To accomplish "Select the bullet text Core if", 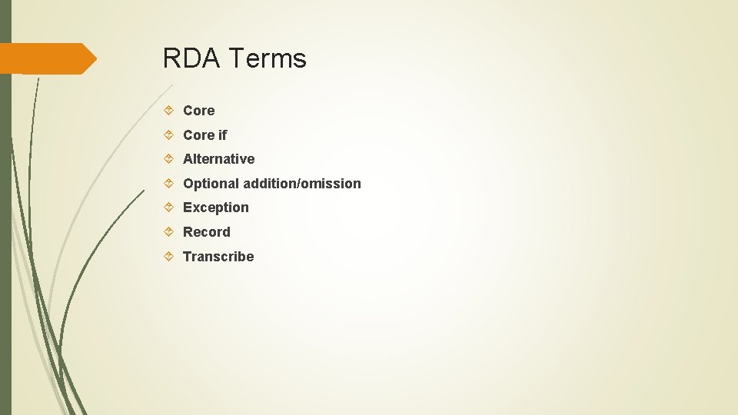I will coord(204,135).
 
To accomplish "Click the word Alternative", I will coord(218,159).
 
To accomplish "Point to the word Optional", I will coord(210,184).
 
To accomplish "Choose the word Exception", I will coord(215,207).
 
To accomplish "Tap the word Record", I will coord(206,232).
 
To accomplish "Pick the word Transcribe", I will coord(218,257).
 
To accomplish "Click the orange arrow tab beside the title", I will coord(48,59).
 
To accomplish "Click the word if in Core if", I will coord(223,135).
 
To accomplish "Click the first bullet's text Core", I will coord(198,111).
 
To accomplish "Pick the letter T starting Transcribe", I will coord(187,257).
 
